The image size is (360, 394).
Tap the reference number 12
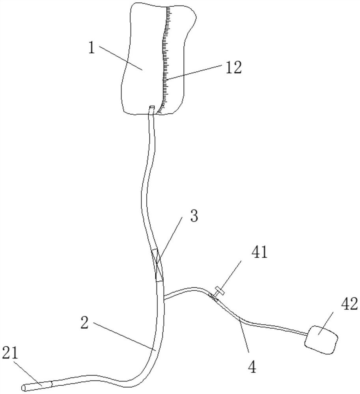(x=233, y=68)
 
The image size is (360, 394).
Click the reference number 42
(x=347, y=304)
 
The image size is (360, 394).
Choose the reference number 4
(x=252, y=367)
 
